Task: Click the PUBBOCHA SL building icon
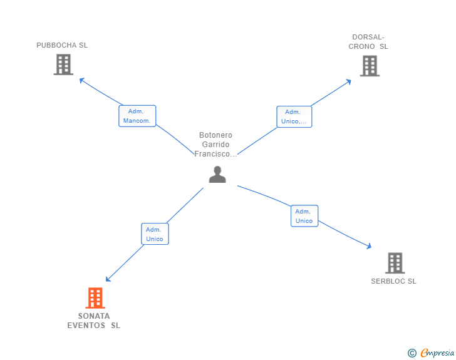click(63, 64)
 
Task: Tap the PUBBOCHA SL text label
click(62, 45)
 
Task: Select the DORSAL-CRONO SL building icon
click(370, 66)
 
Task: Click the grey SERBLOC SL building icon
click(395, 263)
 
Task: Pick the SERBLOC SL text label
click(393, 281)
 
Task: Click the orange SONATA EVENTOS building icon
click(95, 298)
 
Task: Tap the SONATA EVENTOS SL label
click(94, 321)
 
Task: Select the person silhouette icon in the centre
click(217, 175)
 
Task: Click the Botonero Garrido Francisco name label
click(215, 145)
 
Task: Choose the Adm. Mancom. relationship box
click(137, 116)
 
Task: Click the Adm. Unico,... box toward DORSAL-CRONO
click(294, 116)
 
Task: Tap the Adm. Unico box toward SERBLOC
click(304, 216)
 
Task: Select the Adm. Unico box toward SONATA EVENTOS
click(155, 234)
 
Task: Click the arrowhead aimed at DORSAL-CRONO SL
click(349, 81)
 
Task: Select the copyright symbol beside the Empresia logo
click(412, 353)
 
